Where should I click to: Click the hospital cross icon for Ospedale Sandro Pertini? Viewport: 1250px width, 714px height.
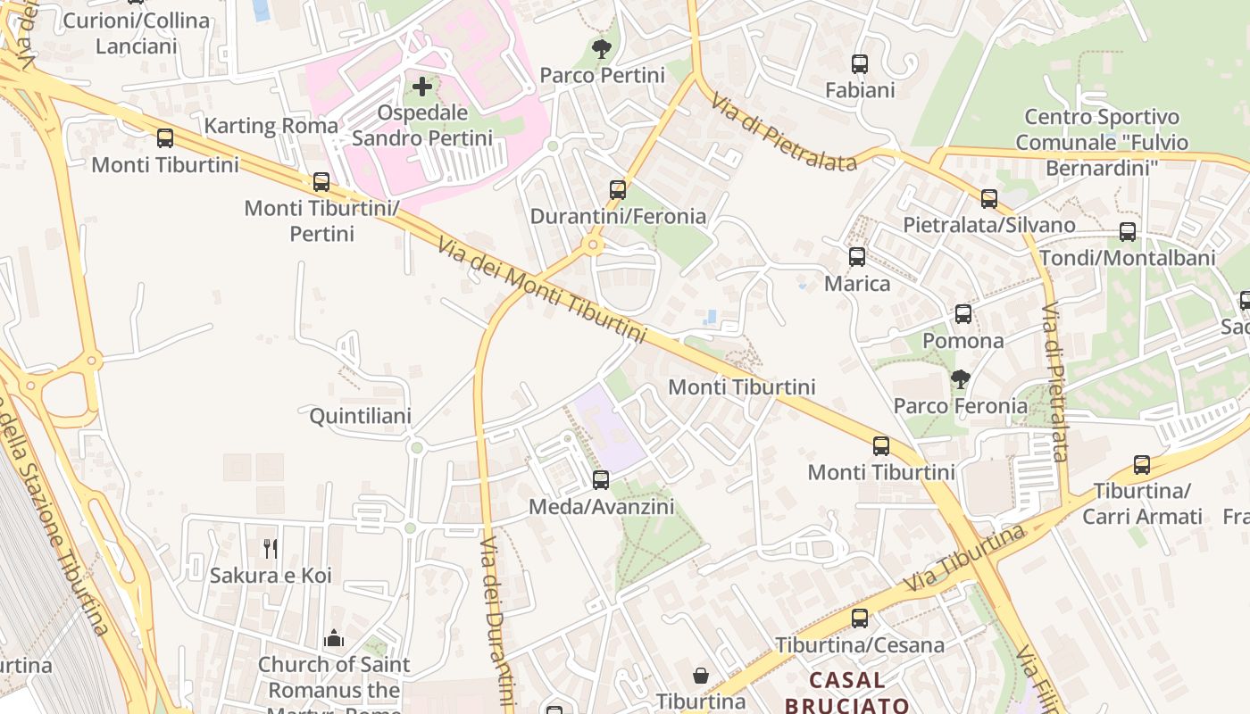[422, 87]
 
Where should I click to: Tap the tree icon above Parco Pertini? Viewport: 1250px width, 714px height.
[602, 48]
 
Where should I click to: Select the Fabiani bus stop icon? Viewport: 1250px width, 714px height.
[860, 63]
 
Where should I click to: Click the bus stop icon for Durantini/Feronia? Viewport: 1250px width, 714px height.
[618, 189]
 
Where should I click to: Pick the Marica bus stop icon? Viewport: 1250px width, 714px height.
[857, 257]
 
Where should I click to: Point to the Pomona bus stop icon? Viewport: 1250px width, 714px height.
[962, 314]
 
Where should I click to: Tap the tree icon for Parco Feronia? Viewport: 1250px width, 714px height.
[961, 379]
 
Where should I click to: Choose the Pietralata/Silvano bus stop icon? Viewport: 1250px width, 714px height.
[989, 198]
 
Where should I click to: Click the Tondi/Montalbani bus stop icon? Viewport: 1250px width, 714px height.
[1128, 232]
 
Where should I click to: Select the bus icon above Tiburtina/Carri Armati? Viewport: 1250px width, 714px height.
[1142, 465]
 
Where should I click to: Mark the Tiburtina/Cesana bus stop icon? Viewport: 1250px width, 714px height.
[860, 618]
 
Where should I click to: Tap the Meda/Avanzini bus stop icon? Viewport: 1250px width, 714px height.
[601, 480]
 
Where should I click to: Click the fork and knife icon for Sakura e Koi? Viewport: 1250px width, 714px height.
[271, 548]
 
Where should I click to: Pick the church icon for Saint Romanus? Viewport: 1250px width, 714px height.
[334, 637]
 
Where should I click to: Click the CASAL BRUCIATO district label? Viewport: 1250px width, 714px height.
[847, 692]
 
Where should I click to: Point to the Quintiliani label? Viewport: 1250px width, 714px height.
[360, 416]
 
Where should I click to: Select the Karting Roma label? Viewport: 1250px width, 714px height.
[271, 125]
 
